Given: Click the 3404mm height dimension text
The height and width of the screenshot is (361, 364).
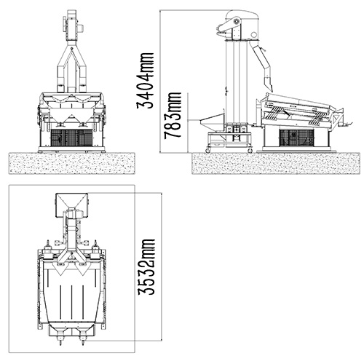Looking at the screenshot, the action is click(x=146, y=80).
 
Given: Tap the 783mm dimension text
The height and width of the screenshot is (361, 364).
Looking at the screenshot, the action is click(x=173, y=116).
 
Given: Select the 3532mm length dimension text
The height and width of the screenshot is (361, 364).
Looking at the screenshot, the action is click(x=146, y=267).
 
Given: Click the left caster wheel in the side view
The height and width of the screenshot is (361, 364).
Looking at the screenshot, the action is click(x=208, y=151).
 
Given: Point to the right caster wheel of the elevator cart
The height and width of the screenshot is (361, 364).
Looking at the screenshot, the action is click(x=250, y=151).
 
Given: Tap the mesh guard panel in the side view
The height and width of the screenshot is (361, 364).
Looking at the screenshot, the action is click(x=296, y=138).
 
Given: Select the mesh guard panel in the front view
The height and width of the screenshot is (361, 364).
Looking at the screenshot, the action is click(x=71, y=138).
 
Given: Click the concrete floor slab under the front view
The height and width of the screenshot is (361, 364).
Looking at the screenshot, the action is click(x=72, y=163).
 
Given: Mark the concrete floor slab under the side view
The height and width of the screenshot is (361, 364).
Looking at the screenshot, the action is click(x=276, y=163).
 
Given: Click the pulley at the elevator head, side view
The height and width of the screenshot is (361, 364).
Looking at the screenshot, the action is click(x=236, y=22).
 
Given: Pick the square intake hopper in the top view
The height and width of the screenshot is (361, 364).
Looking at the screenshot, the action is click(x=71, y=205).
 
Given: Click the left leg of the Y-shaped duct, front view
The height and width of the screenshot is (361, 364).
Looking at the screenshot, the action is click(x=61, y=71).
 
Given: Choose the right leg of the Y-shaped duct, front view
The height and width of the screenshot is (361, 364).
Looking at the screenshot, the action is click(x=82, y=71).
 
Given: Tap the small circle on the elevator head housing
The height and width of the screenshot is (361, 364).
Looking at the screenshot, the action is click(x=253, y=34).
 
